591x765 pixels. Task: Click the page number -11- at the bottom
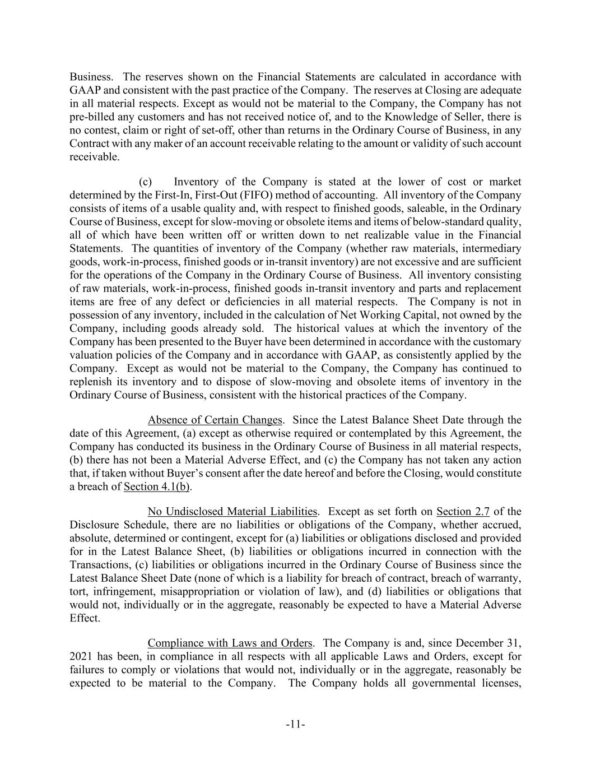[x=295, y=725]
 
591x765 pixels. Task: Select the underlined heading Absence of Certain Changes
[x=215, y=420]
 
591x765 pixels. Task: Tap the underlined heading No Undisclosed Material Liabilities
[x=232, y=511]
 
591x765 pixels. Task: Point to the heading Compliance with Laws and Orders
[x=230, y=643]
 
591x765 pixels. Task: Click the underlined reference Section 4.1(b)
[x=157, y=486]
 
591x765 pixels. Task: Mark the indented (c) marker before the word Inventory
[x=145, y=182]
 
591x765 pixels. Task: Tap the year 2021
[x=81, y=656]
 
